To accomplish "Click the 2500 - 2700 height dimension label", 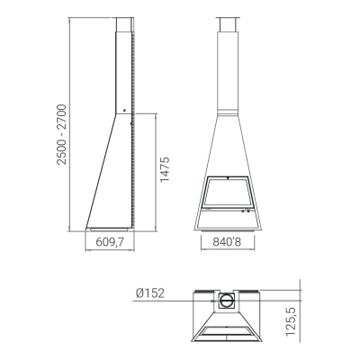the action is [x=61, y=134].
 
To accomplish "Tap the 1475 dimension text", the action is [x=165, y=169].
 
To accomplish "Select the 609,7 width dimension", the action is [x=110, y=242].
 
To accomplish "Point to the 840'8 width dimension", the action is [x=227, y=242].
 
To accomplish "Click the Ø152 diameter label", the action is [x=150, y=293].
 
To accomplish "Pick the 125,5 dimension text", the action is [x=291, y=321].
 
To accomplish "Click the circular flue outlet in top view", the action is [x=227, y=301].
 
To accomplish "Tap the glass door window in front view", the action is [x=227, y=193].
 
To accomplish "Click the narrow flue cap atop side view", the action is [x=123, y=24].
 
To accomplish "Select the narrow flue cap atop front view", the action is [x=228, y=24].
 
